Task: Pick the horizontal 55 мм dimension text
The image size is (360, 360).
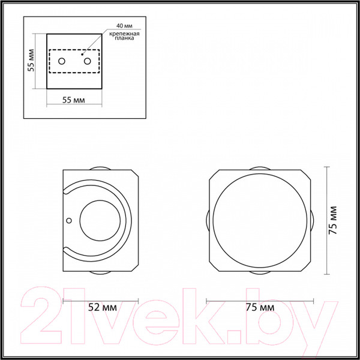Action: [74, 100]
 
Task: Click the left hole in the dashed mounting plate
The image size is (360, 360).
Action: [63, 61]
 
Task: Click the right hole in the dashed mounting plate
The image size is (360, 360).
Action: [88, 61]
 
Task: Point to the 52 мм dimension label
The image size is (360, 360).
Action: [101, 307]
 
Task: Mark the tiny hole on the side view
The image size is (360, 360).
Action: [70, 221]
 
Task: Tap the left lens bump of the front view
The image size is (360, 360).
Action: [208, 220]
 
